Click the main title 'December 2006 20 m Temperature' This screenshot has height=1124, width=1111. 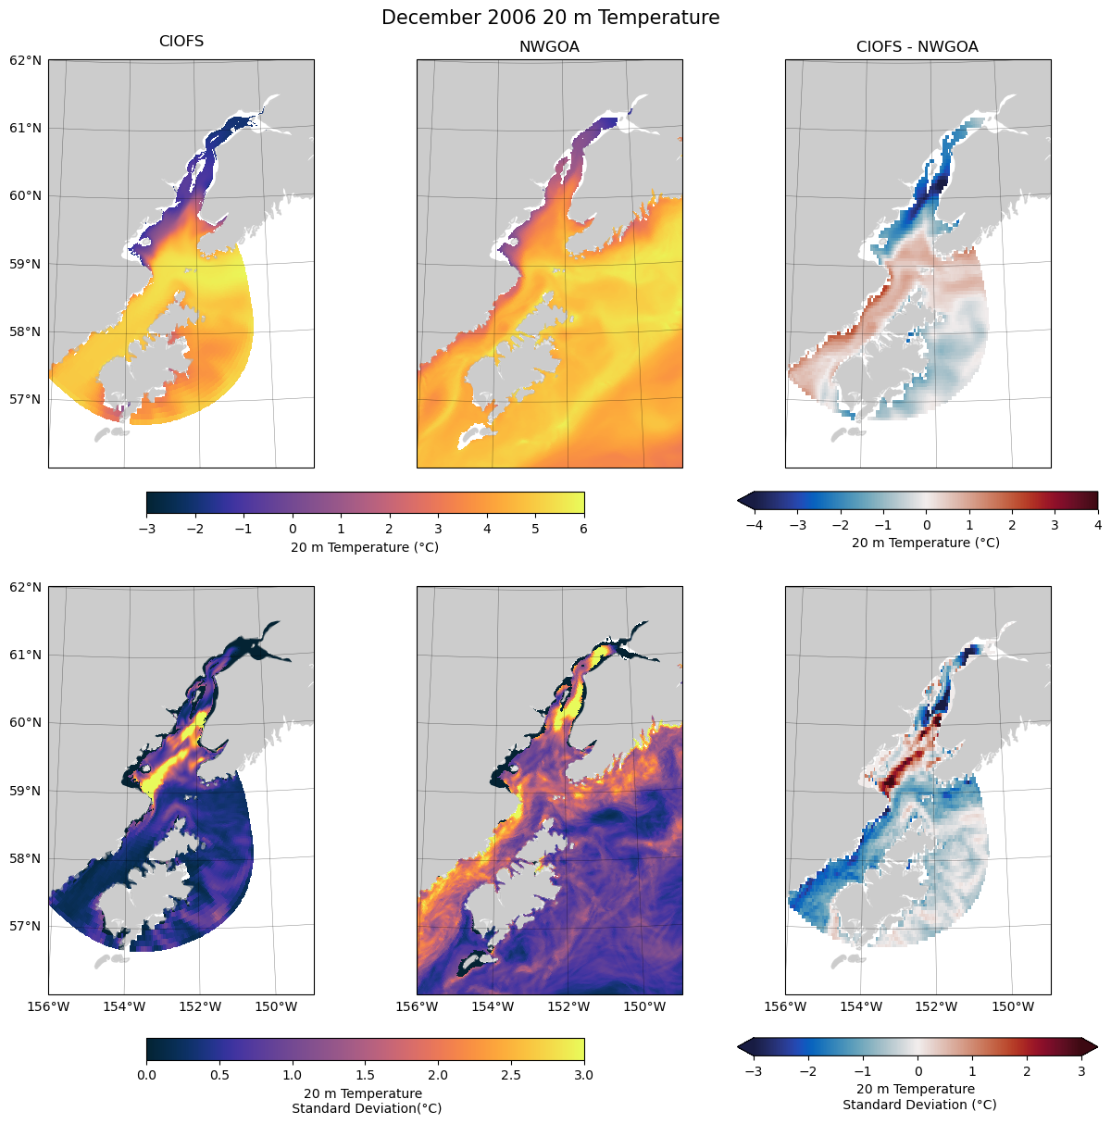coord(550,18)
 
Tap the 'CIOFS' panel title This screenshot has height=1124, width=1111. coord(181,42)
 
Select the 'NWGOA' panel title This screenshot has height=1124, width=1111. coord(549,47)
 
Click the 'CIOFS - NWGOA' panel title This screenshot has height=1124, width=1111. coord(917,47)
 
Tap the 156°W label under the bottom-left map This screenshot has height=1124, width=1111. coord(49,1006)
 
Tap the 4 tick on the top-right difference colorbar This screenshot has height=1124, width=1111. coord(1097,525)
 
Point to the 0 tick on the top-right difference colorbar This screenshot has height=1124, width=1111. coord(926,525)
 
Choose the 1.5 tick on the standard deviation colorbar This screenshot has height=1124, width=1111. coord(365,1075)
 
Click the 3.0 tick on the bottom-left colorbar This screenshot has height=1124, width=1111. coord(583,1075)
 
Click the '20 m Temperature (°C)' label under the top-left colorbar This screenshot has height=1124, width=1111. coord(365,547)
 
